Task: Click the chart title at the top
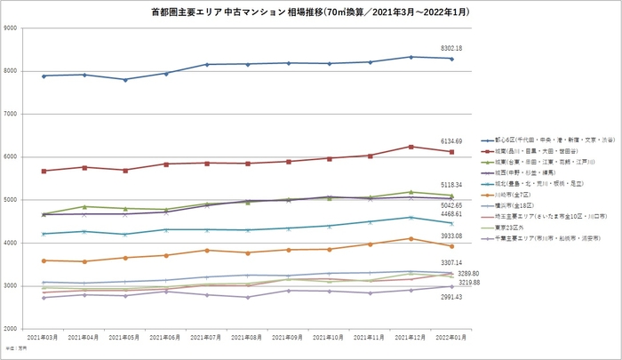pyautogui.click(x=312, y=12)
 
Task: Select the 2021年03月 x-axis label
pyautogui.click(x=44, y=339)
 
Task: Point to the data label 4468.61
pyautogui.click(x=451, y=213)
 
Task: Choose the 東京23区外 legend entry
pyautogui.click(x=513, y=227)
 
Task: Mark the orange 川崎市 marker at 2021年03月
pyautogui.click(x=44, y=260)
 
